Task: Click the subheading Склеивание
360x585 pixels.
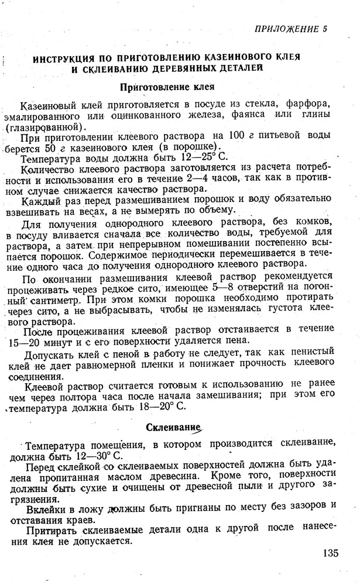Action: [172, 428]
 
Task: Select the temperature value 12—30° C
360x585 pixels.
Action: [101, 456]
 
